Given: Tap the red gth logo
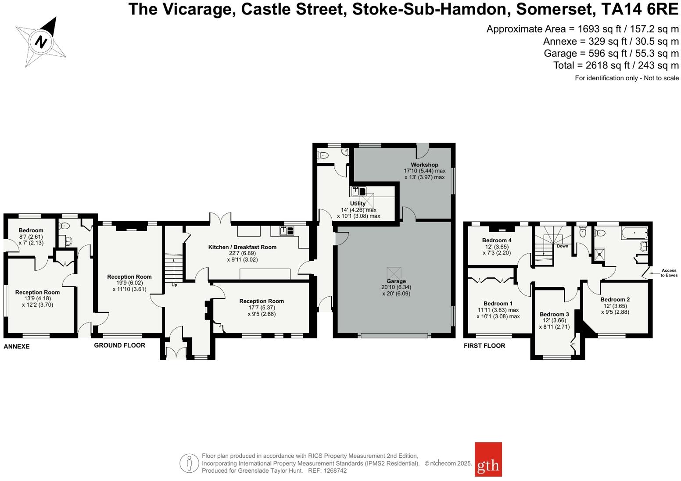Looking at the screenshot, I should pos(488,459).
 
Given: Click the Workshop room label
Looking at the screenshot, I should pos(424,165).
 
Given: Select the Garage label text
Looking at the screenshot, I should pos(396,281).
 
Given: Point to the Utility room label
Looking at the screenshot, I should pos(358,204).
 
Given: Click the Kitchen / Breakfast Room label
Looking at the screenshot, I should pos(242,247).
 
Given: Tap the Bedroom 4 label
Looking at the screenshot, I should pos(497,240).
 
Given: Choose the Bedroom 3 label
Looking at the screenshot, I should pos(554,314).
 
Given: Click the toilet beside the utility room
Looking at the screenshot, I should pos(323,155).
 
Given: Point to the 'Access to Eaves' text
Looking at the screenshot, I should pos(669,273).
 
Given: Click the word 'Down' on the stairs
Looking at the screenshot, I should pos(562,246).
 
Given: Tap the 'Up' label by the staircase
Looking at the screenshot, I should pos(174,285).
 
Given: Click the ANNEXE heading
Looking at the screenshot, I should pos(17,346).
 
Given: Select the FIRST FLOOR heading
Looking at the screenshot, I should pos(484,346).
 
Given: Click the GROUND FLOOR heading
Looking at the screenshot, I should pos(119,345).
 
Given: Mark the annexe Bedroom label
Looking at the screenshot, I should pos(31,230).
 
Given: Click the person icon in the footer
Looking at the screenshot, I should pos(189,463).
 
